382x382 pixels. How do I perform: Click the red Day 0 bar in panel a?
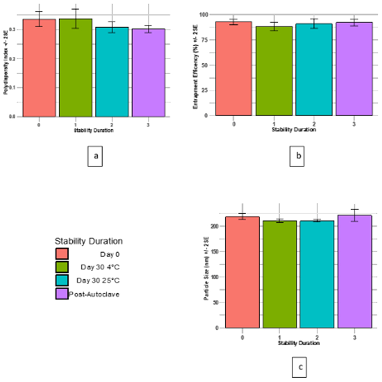tap(39, 68)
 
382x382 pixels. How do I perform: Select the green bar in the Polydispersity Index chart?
tap(76, 68)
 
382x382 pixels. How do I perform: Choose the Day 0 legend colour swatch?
tap(62, 254)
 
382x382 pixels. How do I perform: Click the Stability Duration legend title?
tap(89, 241)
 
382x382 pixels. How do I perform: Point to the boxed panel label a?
tap(96, 156)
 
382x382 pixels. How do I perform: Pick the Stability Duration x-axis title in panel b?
tap(294, 130)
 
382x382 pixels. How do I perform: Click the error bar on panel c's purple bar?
tap(354, 215)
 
